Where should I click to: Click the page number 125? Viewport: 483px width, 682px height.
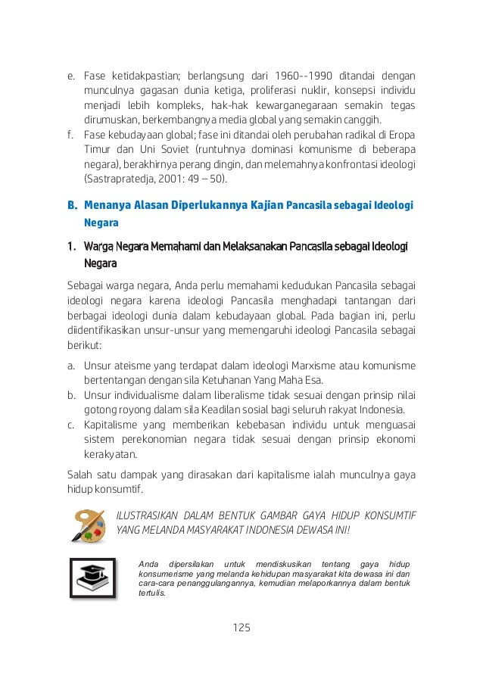(x=241, y=628)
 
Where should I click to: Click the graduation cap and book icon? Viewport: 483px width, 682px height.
(x=92, y=578)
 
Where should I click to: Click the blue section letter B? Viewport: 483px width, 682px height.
(x=73, y=204)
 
